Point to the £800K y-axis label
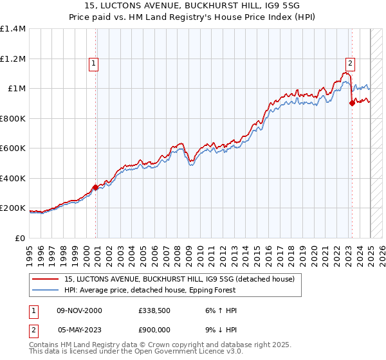(x=13, y=118)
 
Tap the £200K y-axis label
(x=13, y=208)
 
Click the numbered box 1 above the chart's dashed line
(x=94, y=63)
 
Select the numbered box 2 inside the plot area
(x=350, y=63)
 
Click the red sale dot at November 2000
(x=96, y=187)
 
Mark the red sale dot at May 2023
(x=352, y=104)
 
